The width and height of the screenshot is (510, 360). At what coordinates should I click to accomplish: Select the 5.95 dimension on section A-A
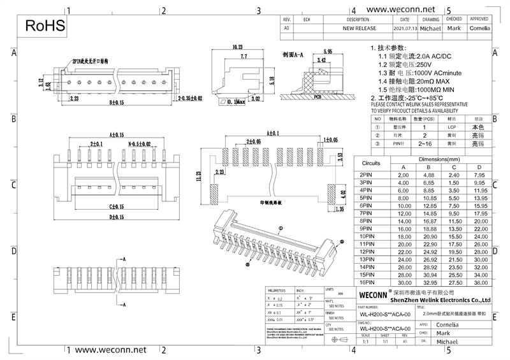[x=329, y=50]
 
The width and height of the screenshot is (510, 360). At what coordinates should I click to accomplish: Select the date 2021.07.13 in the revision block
[x=405, y=29]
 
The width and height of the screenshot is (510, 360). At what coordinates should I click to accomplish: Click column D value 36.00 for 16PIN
[x=480, y=282]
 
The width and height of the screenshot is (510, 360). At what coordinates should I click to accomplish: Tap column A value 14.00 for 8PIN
[x=403, y=220]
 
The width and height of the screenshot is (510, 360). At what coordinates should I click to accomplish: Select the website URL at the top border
[x=401, y=10]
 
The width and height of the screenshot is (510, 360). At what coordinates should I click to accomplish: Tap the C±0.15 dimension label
[x=116, y=206]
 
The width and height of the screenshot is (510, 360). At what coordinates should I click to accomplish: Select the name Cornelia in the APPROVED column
[x=479, y=29]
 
